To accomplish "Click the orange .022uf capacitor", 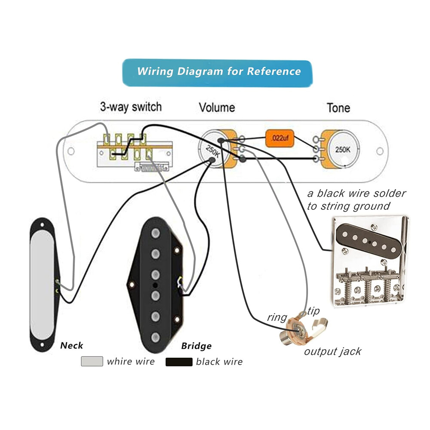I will (x=279, y=138).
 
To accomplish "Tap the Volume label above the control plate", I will (x=217, y=107).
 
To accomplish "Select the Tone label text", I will (x=338, y=107).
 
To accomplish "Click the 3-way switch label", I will (x=131, y=107).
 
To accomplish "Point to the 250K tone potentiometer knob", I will (x=342, y=150).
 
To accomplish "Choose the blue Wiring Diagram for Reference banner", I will (x=218, y=72).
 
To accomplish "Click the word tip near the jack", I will (x=314, y=311).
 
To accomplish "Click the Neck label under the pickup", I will (x=71, y=345).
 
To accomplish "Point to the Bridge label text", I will (x=196, y=346).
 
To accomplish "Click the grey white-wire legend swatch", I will (x=92, y=361).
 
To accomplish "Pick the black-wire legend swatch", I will (x=179, y=362).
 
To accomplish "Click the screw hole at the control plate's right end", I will (x=380, y=151).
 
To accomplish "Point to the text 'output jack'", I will (x=333, y=351).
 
